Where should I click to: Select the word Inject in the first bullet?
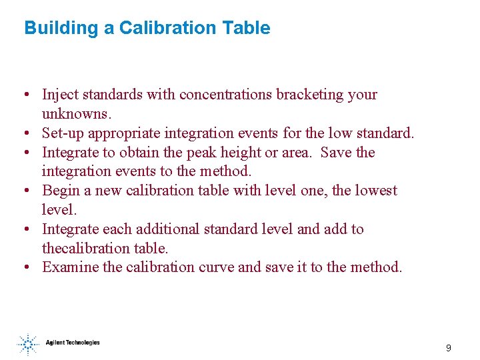tap(58, 95)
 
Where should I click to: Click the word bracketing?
tap(307, 95)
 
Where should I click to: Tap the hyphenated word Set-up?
tap(63, 133)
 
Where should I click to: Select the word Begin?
tap(60, 191)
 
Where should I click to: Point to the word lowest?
tap(375, 191)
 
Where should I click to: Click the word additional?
tap(167, 229)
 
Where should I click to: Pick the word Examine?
tap(68, 267)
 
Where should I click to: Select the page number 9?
tap(449, 348)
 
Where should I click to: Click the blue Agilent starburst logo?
tap(27, 344)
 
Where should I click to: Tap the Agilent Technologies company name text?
tap(73, 343)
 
